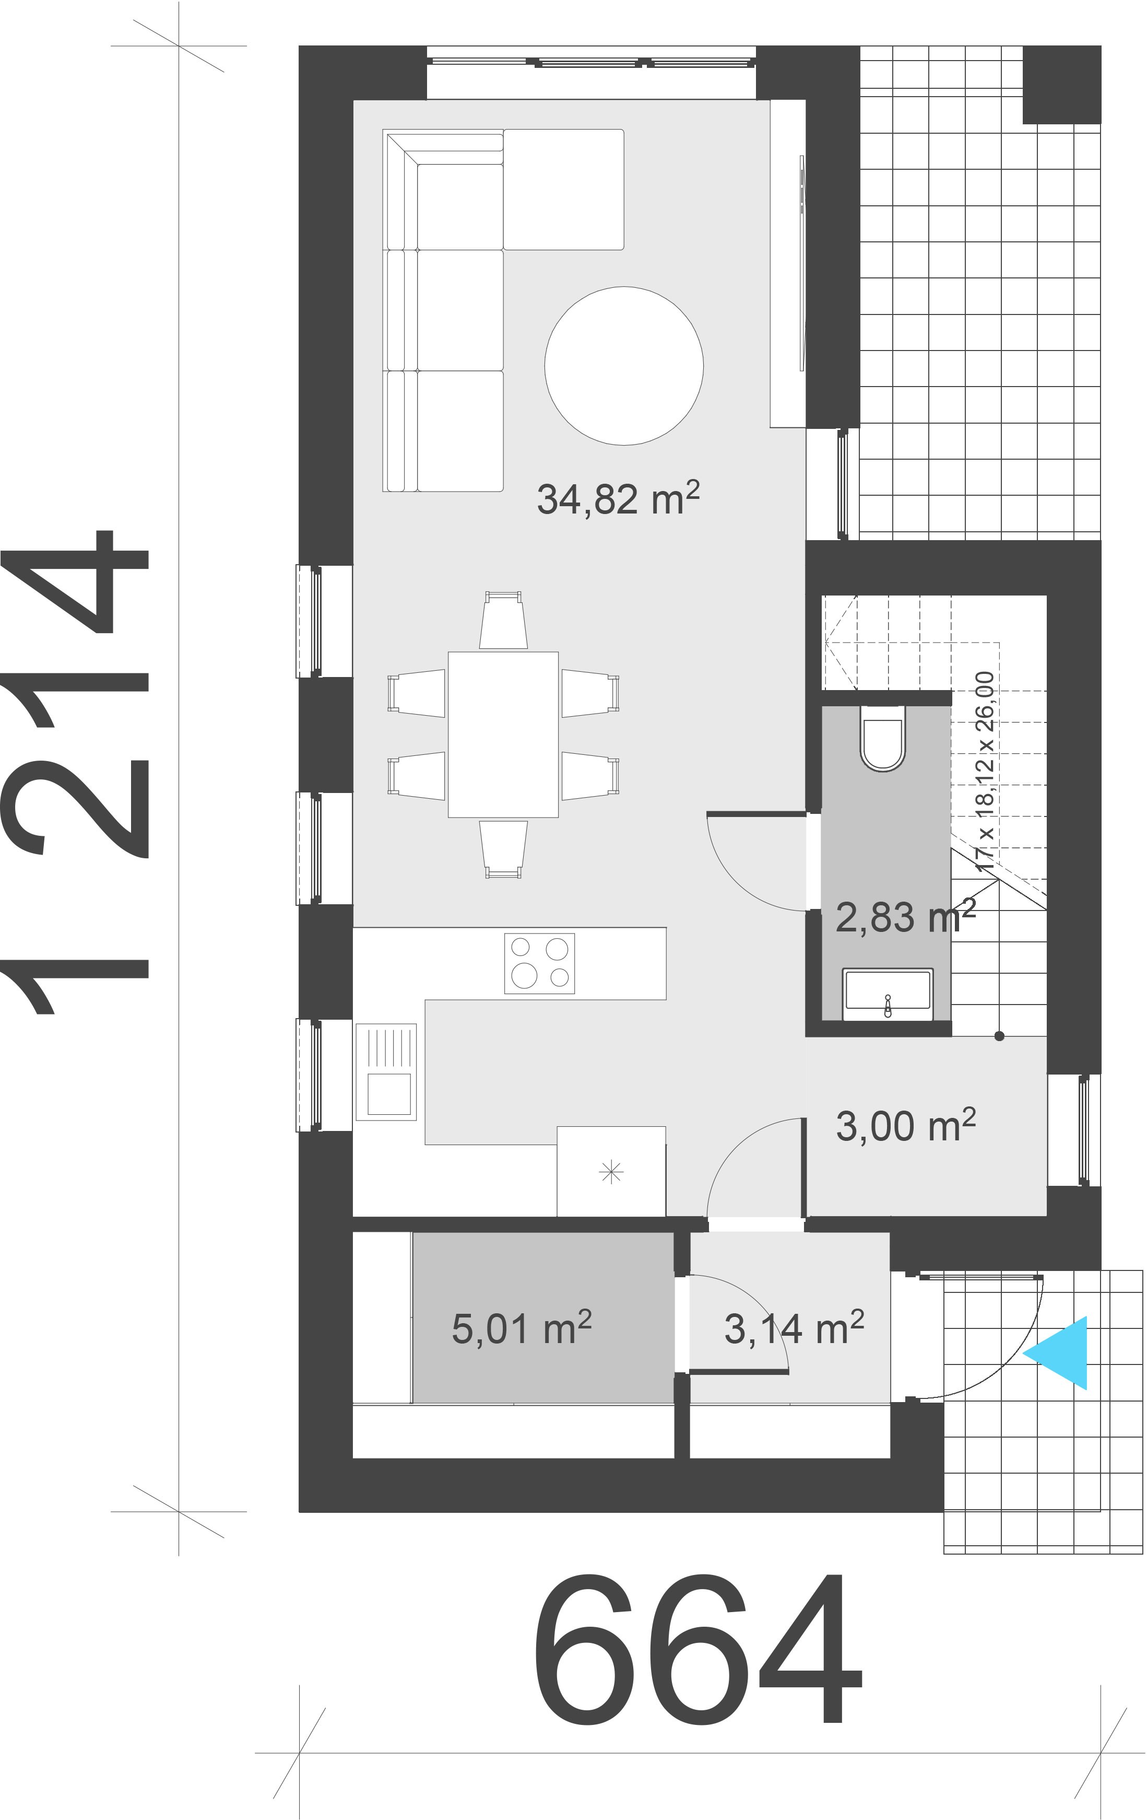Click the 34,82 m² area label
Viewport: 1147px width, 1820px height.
tap(617, 499)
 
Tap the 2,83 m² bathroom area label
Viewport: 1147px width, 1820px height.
tap(904, 917)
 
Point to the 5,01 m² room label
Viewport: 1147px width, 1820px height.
tap(522, 1328)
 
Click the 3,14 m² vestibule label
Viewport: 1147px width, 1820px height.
tap(794, 1328)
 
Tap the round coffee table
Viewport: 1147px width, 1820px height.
tap(624, 365)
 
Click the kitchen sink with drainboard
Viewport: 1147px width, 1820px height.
tap(386, 1072)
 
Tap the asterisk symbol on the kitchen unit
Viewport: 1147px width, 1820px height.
tap(610, 1172)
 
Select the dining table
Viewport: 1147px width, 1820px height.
tap(503, 734)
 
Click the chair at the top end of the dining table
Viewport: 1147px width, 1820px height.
tap(503, 621)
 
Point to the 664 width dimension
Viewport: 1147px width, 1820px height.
tap(698, 1656)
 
